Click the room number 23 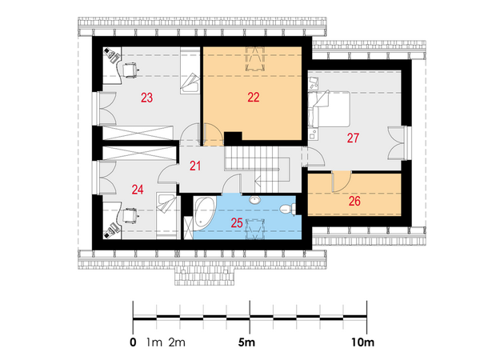point(146,98)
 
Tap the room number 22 point(254,97)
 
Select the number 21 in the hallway point(195,166)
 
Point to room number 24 point(138,190)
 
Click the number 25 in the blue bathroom point(237,223)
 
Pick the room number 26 point(354,201)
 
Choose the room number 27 point(353,138)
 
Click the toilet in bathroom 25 point(287,209)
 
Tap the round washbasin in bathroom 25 point(254,200)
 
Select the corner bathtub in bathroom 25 point(204,212)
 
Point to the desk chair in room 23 point(130,70)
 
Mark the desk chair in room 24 point(130,216)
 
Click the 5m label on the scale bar point(246,342)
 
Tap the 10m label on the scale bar point(362,342)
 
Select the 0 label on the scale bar point(133,342)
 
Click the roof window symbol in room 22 point(255,58)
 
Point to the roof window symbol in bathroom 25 point(255,230)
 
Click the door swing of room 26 point(342,182)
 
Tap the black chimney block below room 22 point(233,138)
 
